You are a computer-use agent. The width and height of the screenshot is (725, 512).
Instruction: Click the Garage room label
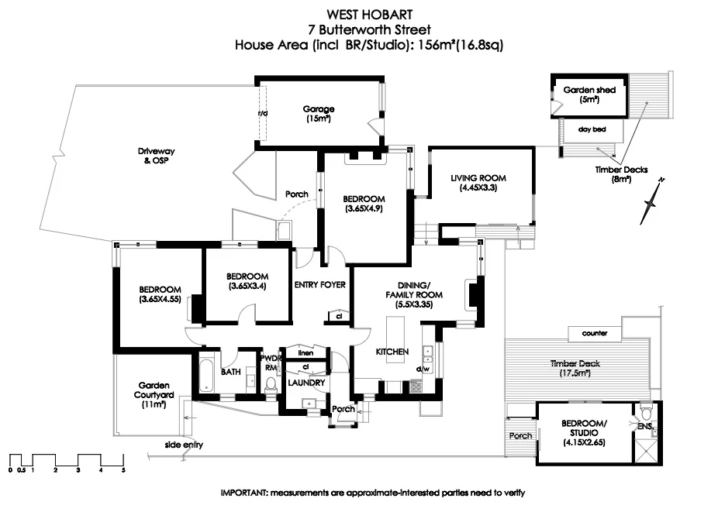coord(319,114)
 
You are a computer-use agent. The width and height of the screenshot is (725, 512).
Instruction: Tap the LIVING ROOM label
coord(478,183)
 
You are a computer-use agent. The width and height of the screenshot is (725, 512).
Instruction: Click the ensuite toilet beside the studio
coord(646,410)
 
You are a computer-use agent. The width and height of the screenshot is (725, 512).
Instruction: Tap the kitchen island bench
coord(395,339)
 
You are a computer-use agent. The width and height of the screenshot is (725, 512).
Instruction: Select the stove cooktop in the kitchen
coord(416,386)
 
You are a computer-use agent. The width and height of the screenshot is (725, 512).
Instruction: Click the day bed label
coord(592,129)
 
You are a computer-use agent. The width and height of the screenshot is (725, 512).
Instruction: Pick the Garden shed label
coord(589,94)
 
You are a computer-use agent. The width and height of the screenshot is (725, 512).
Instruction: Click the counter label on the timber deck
coord(595,333)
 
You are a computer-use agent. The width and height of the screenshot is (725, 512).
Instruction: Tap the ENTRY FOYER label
coord(320,285)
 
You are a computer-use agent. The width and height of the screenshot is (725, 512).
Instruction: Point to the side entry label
coord(184,445)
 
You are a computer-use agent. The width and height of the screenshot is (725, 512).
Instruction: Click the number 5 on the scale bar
coord(123,470)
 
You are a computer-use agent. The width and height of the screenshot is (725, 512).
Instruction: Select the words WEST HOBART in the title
coord(369,15)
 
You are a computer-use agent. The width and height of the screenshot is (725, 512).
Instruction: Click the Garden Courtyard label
coord(154,395)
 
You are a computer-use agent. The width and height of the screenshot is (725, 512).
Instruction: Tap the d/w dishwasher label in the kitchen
coord(423,369)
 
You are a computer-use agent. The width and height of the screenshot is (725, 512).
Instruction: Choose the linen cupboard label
coord(306,353)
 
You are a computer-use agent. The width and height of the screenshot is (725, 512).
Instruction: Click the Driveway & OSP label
coord(156,156)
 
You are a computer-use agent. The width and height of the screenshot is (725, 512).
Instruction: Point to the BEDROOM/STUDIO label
coord(584,432)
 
